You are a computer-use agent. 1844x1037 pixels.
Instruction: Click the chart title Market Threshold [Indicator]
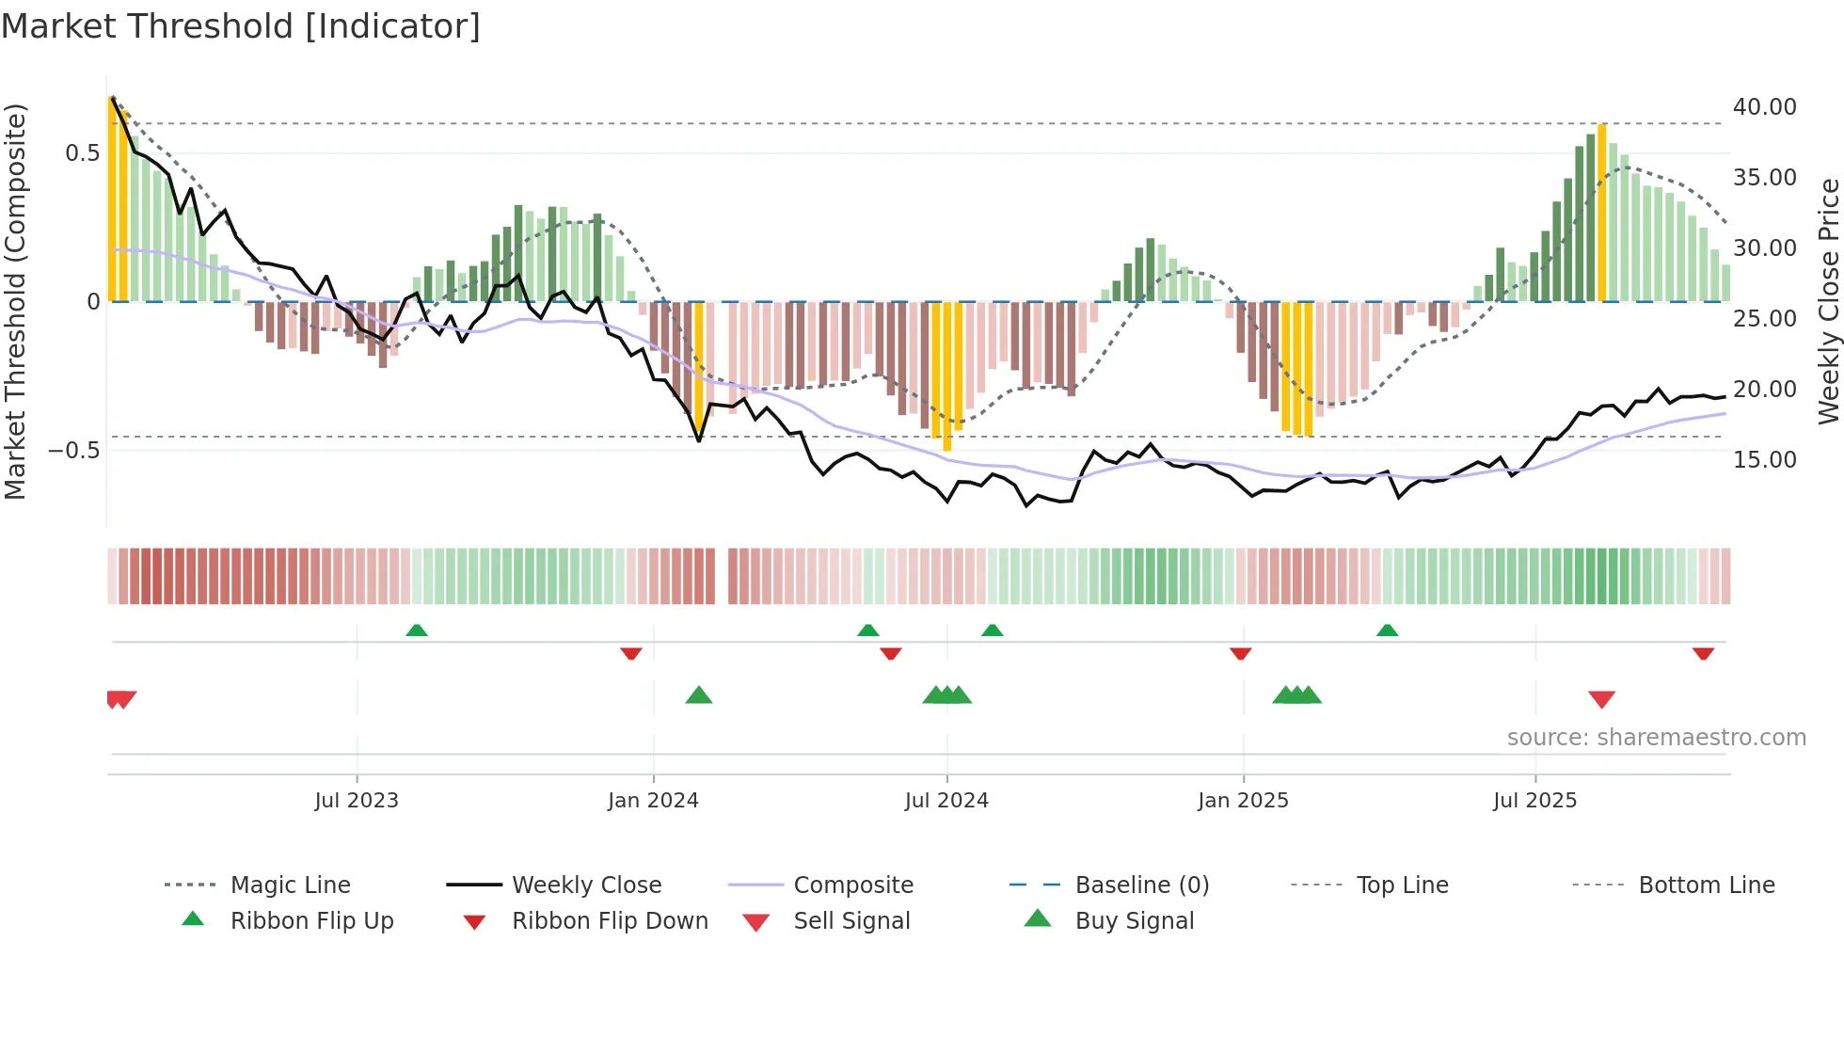tap(241, 26)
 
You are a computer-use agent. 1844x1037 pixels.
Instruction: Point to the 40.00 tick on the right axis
tap(1764, 107)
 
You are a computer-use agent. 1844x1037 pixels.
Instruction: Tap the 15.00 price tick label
tap(1764, 460)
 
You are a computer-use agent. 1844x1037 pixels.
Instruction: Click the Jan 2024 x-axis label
tap(653, 801)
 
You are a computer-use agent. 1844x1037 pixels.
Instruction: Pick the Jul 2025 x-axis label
tap(1534, 801)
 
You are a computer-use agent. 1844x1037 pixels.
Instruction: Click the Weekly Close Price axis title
tap(1828, 301)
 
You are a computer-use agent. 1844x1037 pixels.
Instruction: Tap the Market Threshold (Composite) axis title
tap(16, 301)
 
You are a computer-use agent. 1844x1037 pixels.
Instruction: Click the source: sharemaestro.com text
tap(1656, 738)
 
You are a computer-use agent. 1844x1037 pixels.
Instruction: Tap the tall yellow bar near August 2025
tap(1601, 212)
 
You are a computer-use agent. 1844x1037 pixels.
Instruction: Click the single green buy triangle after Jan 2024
tap(699, 695)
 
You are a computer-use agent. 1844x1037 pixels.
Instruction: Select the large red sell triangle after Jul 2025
tap(1601, 699)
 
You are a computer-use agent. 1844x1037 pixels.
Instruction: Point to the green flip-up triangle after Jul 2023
tap(417, 630)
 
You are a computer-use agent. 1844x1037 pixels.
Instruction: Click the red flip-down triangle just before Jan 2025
tap(1240, 653)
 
